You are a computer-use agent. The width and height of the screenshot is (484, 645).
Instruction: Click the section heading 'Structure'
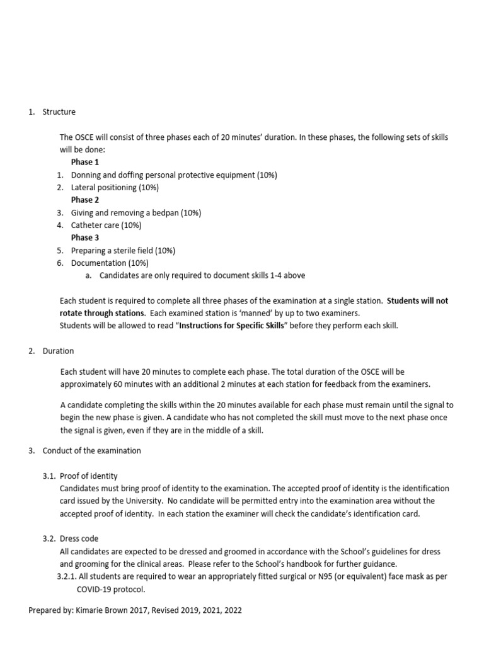click(59, 112)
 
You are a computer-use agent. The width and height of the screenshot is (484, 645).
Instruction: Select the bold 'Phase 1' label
click(85, 163)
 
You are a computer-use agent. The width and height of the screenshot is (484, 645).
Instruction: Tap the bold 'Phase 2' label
click(85, 200)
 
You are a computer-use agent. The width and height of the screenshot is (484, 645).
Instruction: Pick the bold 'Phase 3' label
click(85, 238)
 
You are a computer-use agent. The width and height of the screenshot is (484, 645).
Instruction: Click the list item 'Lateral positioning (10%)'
click(115, 188)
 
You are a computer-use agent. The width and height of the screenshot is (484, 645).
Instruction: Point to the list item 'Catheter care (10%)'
click(106, 225)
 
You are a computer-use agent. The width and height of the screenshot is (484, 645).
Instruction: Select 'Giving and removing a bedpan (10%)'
click(135, 213)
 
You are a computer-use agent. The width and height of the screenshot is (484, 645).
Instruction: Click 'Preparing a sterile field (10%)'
click(123, 251)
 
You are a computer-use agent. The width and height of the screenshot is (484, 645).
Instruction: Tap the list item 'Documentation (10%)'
click(110, 263)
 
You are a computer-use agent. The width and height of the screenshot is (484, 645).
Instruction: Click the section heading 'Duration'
click(58, 351)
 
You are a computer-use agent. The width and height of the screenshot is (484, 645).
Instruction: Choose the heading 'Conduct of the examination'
click(91, 451)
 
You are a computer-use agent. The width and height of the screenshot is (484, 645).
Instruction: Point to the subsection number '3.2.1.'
click(67, 577)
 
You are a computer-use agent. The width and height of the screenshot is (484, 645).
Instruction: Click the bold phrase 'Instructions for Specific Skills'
click(233, 326)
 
